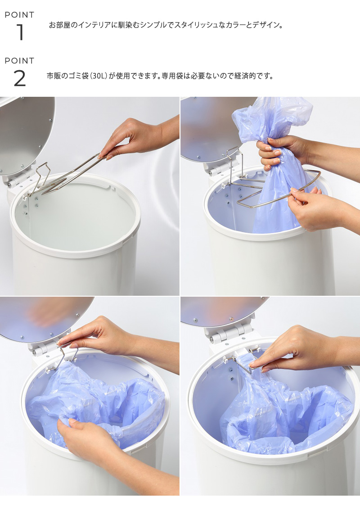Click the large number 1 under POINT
point(20,32)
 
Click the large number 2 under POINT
point(20,78)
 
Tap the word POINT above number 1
point(19,15)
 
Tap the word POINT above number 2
point(19,61)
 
